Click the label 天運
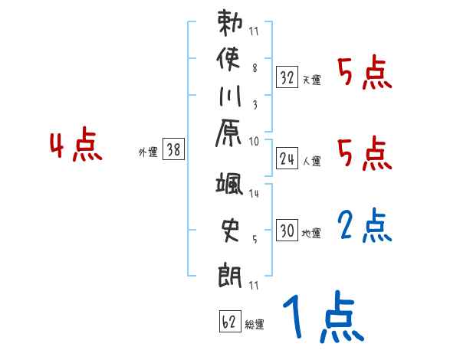click(x=311, y=80)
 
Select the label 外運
click(x=148, y=152)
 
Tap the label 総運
click(x=255, y=325)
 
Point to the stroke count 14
click(x=255, y=195)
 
